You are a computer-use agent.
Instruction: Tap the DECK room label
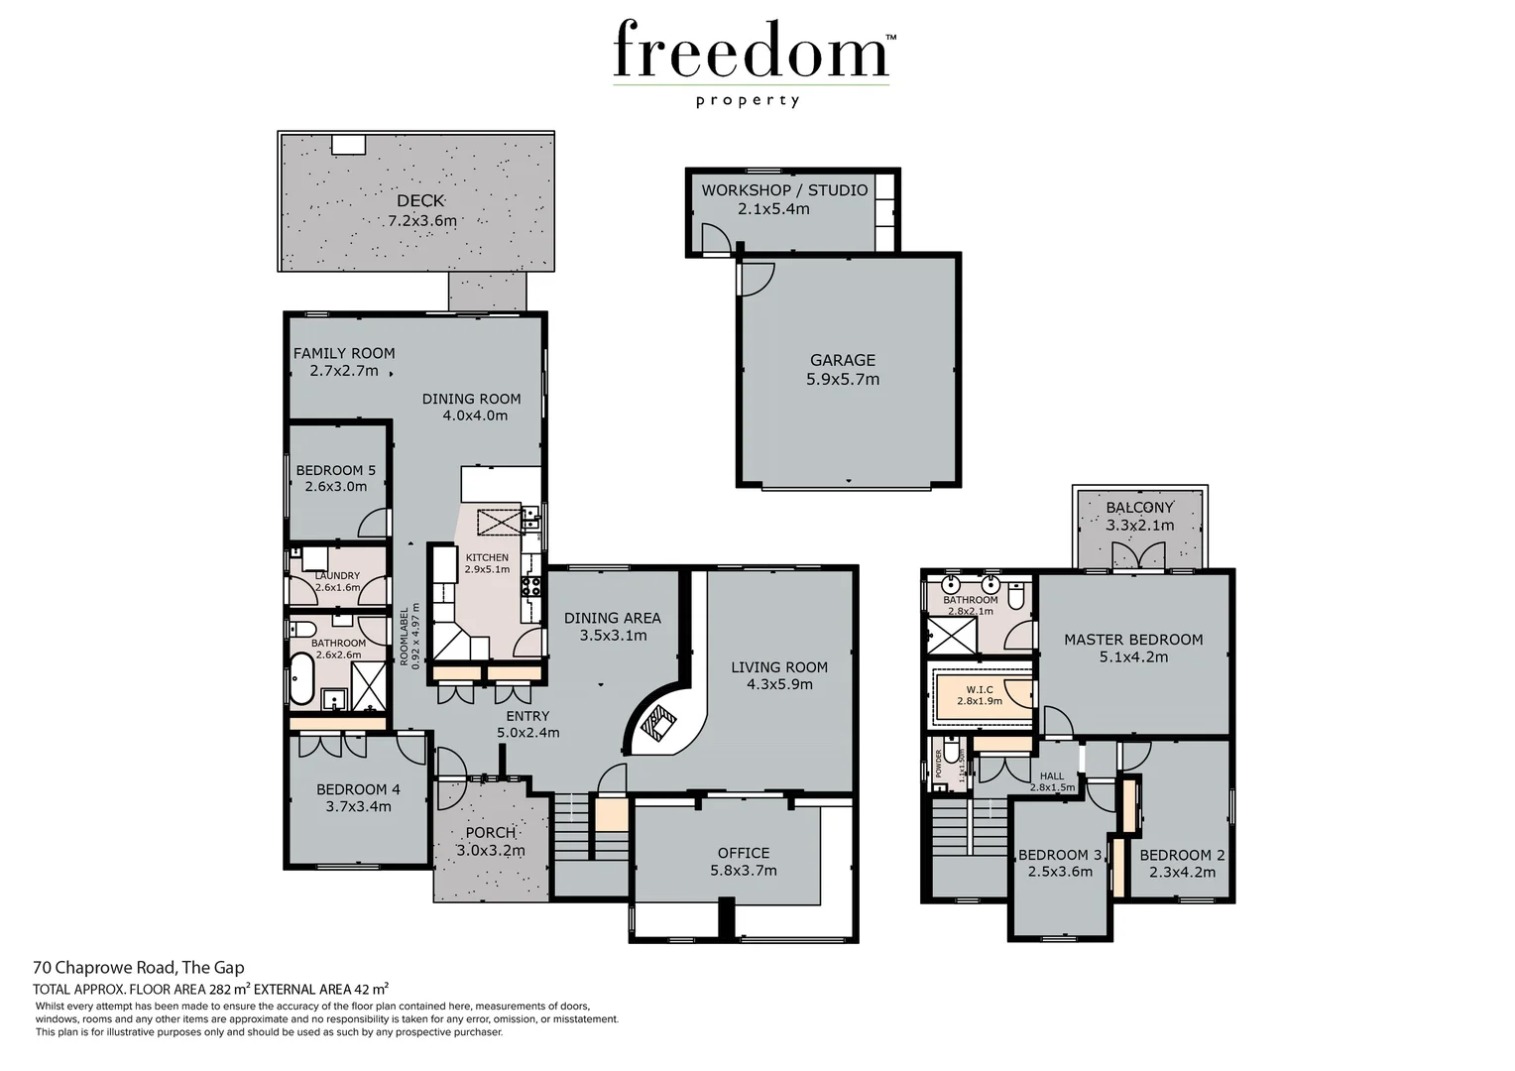[x=420, y=201]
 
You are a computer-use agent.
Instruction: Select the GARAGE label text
[x=843, y=360]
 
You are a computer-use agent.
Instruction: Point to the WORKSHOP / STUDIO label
[x=784, y=190]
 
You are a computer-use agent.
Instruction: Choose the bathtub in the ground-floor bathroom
[x=301, y=677]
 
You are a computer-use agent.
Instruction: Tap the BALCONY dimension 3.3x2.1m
[x=1139, y=526]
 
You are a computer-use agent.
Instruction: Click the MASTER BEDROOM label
[x=1133, y=640]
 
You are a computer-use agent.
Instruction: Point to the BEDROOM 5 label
[x=336, y=470]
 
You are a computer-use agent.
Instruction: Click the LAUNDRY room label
[x=337, y=576]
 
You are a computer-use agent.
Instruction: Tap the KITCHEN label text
[x=487, y=558]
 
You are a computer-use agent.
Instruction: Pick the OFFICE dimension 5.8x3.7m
[x=744, y=871]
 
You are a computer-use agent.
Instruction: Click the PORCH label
[x=490, y=833]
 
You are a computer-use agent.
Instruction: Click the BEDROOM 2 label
[x=1182, y=855]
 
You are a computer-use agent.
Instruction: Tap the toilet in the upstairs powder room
[x=952, y=757]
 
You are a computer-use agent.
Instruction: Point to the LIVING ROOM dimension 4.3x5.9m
[x=779, y=684]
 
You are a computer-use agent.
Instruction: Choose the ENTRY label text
[x=527, y=716]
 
